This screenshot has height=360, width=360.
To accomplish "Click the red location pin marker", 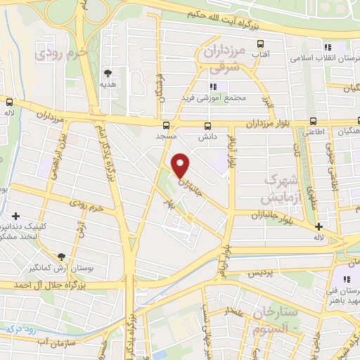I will tap(181, 165).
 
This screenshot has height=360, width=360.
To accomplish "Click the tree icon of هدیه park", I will tap(108, 72).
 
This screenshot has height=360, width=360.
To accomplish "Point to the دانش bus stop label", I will tap(207, 137).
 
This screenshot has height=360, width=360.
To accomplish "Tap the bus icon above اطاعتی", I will tap(312, 121).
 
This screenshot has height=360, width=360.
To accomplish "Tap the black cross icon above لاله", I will tap(319, 227).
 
